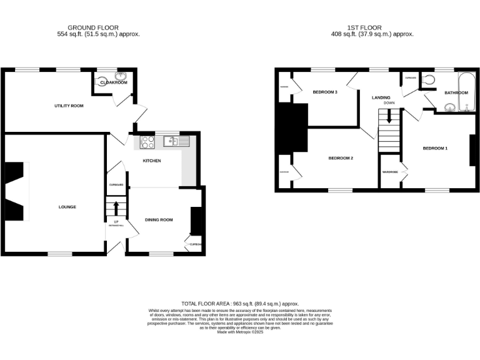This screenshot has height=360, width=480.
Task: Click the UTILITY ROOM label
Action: [68, 106]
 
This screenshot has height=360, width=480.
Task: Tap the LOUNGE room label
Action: [67, 206]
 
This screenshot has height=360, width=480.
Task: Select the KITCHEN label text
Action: [152, 161]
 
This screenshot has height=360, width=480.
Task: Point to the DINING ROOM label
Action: [159, 219]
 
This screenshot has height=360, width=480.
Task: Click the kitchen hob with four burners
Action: [148, 142]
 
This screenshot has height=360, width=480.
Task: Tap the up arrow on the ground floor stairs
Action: [116, 206]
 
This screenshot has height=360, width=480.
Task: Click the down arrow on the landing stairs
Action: [389, 116]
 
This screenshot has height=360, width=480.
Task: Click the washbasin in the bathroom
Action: [449, 107]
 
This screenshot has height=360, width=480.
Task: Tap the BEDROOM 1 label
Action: [435, 148]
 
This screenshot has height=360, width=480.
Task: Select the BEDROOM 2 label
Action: [341, 158]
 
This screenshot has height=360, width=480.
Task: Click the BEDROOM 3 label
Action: [325, 92]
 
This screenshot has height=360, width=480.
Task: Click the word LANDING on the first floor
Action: [381, 97]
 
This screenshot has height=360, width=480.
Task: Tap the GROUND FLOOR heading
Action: [93, 28]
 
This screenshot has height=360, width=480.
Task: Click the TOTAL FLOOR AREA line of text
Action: [240, 302]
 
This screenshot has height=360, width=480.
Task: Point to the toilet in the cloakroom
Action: [102, 80]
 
